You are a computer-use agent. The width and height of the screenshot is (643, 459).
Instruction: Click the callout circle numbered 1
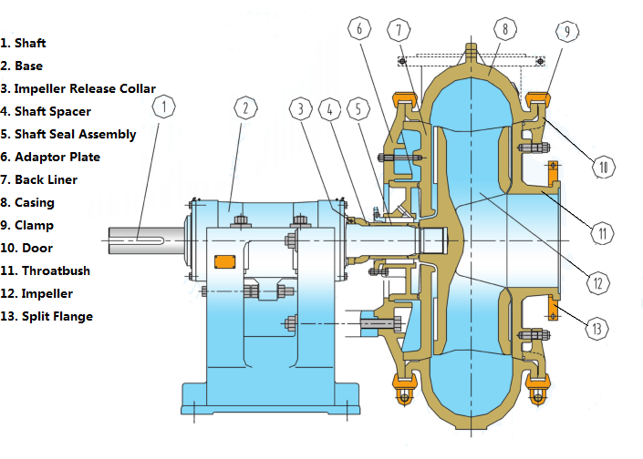coord(163,108)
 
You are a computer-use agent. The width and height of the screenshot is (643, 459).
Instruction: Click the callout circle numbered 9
coord(566,32)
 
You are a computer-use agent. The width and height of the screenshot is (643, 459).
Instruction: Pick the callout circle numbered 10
coord(603,167)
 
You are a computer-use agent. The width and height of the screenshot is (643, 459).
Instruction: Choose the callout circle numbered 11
coord(603,234)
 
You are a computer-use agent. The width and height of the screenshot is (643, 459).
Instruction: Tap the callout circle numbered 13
coord(597,328)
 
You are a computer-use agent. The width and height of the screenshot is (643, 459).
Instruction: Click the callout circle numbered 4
coord(331,108)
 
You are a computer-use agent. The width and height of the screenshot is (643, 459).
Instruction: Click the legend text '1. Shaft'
coord(23,43)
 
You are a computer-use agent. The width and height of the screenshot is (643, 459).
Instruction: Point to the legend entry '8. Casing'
coord(27,202)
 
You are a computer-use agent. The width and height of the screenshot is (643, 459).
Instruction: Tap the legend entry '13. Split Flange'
coord(47,316)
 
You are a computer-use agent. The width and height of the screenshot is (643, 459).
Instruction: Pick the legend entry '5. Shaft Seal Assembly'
coord(68,134)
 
